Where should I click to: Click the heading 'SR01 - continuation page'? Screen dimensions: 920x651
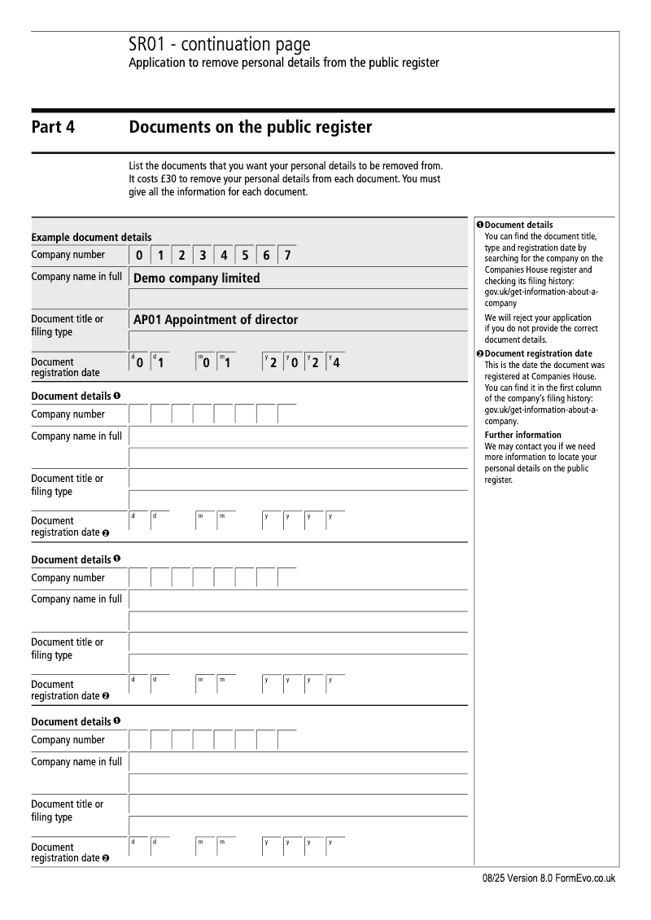point(220,45)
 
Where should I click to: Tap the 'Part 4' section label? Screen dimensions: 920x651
point(53,127)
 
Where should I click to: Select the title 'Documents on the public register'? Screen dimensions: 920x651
point(251,127)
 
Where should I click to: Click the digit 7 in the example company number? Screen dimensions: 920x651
point(287,256)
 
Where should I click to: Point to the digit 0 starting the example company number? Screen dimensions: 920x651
point(139,256)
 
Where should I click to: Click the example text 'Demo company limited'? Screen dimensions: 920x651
point(197,278)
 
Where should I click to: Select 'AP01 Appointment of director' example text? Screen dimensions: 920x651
point(216,320)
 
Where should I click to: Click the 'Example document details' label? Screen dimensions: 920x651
point(91,238)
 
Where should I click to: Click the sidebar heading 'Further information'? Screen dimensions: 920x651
point(522,435)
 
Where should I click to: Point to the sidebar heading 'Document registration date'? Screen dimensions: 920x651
point(538,353)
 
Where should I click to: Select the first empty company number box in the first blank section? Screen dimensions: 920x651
point(139,414)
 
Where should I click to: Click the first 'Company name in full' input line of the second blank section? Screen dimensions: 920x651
point(298,600)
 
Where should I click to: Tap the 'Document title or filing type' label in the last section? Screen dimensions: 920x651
point(68,811)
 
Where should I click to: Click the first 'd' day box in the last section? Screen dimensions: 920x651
point(139,848)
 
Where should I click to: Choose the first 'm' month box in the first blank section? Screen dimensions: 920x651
point(204,521)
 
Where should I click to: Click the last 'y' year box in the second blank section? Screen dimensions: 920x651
point(334,685)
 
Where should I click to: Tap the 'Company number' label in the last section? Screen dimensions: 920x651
point(68,740)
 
